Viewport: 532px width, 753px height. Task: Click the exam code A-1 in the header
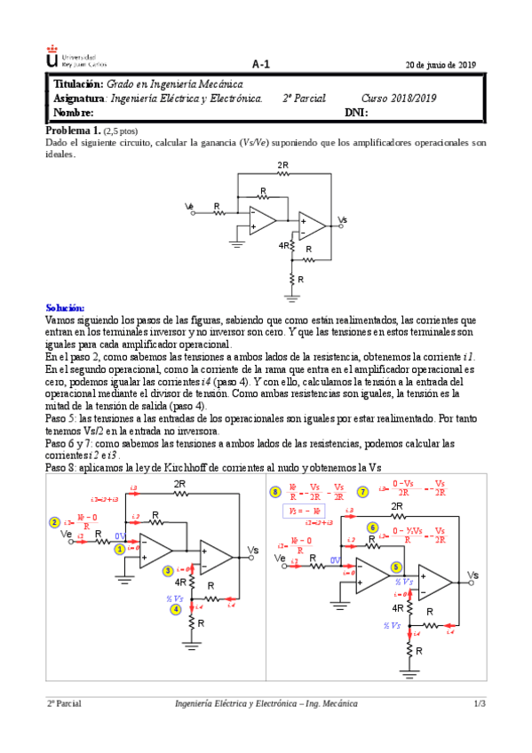[x=260, y=63]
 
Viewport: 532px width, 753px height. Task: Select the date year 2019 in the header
[x=467, y=64]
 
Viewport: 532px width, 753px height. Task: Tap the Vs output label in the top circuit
[x=343, y=219]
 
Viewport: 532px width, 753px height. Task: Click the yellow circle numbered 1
[x=119, y=549]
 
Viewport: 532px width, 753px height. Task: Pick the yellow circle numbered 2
[x=55, y=523]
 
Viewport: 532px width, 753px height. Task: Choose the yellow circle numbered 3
[x=168, y=571]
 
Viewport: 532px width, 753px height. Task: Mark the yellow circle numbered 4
[x=176, y=608]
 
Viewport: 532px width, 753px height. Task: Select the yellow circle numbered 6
[x=373, y=527]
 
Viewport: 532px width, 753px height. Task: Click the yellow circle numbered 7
[x=362, y=491]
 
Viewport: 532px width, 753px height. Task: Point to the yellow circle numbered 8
[x=275, y=491]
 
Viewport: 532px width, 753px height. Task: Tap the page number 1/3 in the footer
[x=480, y=703]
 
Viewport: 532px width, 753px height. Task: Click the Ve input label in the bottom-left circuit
[x=66, y=535]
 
